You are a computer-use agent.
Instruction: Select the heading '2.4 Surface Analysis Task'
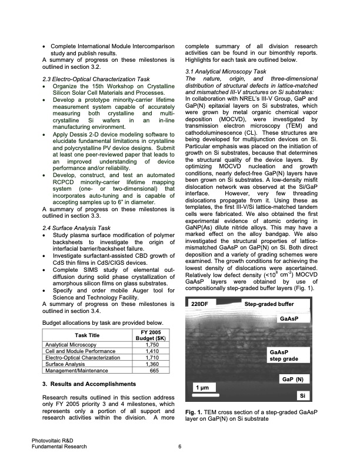[x=74, y=228]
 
